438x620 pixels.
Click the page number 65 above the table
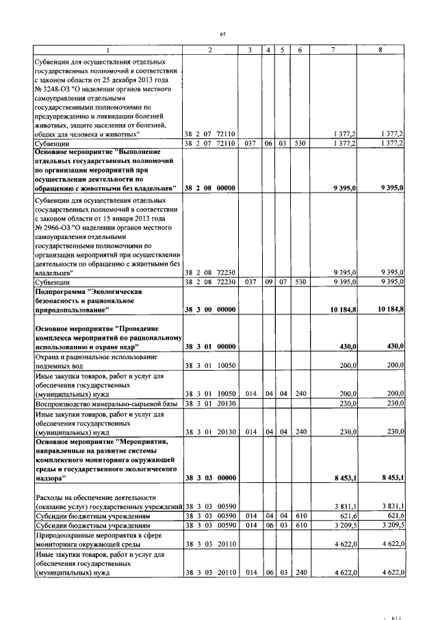pos(222,35)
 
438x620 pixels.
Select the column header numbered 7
pos(333,51)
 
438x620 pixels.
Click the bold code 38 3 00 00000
pos(210,310)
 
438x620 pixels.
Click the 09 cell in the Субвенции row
pos(269,282)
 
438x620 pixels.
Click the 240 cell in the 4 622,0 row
pos(300,573)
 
